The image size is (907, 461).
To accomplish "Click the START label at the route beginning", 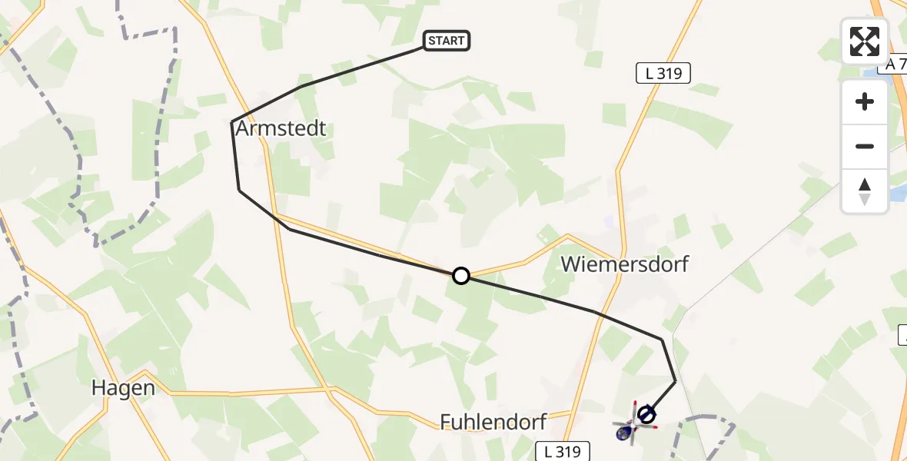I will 446,41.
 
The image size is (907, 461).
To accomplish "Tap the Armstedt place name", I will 281,128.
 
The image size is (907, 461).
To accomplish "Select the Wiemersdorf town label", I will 624,264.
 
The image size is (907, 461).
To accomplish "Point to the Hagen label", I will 123,387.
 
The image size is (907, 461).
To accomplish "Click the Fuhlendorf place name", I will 493,421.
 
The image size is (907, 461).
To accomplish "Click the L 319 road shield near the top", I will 663,74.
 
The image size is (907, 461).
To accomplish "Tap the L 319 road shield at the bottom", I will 563,450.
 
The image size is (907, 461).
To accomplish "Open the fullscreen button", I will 865,41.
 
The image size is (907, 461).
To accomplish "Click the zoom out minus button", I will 865,146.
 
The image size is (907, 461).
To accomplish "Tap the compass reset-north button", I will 865,191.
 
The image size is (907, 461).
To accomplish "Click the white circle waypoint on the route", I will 460,276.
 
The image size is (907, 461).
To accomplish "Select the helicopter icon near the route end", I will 626,430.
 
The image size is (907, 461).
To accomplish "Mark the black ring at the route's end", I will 647,415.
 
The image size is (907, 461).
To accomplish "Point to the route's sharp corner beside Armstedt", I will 232,122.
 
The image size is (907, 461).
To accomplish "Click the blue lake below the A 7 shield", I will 876,75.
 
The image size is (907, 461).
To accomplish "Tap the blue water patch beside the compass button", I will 898,192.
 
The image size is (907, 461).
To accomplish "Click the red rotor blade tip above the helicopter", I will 635,402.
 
